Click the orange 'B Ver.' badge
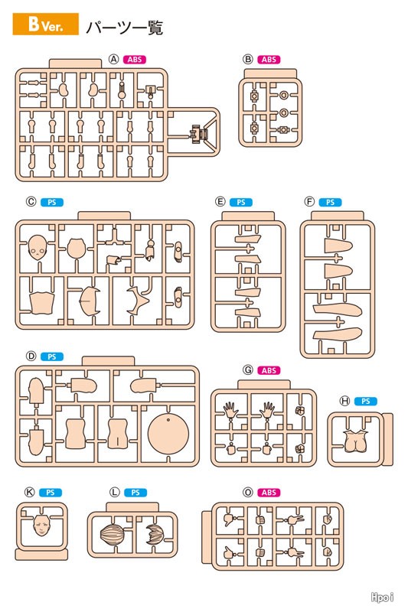pyautogui.click(x=46, y=24)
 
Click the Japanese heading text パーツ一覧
pyautogui.click(x=124, y=28)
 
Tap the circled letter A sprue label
pyautogui.click(x=113, y=60)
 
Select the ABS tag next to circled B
pyautogui.click(x=269, y=60)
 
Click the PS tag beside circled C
pyautogui.click(x=51, y=202)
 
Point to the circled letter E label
pyautogui.click(x=220, y=202)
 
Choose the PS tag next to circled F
pyautogui.click(x=330, y=202)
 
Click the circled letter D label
pyautogui.click(x=31, y=356)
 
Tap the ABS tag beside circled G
pyautogui.click(x=269, y=370)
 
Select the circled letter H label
pyautogui.click(x=344, y=401)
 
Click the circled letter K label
pyautogui.click(x=30, y=492)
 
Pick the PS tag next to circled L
pyautogui.click(x=135, y=493)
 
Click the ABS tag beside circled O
pyautogui.click(x=269, y=493)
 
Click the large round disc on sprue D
pyautogui.click(x=168, y=434)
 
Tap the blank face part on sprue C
pyautogui.click(x=38, y=246)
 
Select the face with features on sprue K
pyautogui.click(x=41, y=525)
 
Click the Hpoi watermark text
pyautogui.click(x=382, y=597)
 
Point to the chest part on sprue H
pyautogui.click(x=355, y=441)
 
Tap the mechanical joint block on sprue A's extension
pyautogui.click(x=200, y=133)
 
